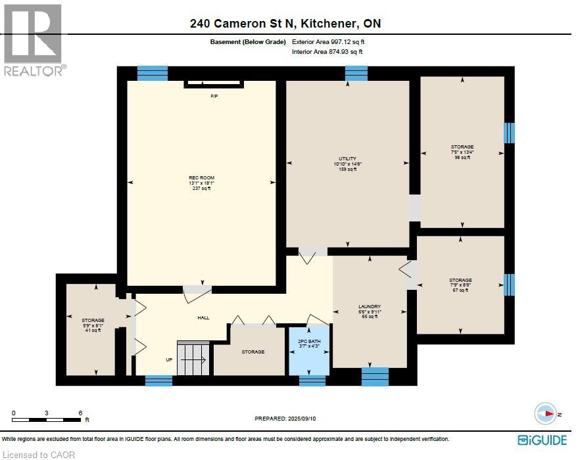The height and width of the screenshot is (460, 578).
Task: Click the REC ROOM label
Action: [202, 183]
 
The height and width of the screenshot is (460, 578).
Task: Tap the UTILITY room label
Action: [347, 164]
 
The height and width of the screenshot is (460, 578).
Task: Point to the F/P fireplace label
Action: [214, 97]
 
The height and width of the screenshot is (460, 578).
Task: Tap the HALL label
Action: [204, 317]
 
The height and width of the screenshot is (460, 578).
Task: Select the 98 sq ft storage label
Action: [462, 152]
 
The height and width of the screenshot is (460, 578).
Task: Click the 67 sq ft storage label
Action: [461, 285]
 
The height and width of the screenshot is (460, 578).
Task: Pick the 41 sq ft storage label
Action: [93, 325]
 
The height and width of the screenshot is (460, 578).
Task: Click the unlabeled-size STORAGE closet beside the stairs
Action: [253, 352]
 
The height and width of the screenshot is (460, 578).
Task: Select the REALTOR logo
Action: [34, 40]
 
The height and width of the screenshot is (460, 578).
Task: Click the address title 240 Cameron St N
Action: [285, 24]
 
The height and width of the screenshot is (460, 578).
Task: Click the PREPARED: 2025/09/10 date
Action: [285, 418]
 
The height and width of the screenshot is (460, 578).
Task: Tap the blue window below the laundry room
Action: [375, 377]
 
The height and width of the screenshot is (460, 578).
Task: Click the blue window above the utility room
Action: [356, 73]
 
